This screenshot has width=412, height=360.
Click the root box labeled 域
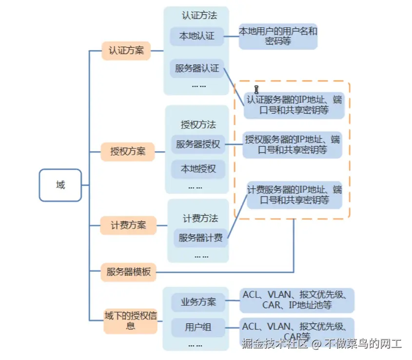pyautogui.click(x=60, y=185)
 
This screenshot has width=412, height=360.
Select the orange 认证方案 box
pyautogui.click(x=126, y=50)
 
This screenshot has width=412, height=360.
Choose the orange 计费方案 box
pyautogui.click(x=128, y=225)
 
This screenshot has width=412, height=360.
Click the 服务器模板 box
pyautogui.click(x=128, y=272)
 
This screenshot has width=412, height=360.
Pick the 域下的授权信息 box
pyautogui.click(x=130, y=320)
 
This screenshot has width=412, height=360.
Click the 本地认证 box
pyautogui.click(x=196, y=36)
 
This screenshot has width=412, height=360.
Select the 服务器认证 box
pyautogui.click(x=197, y=68)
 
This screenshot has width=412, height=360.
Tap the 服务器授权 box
pyautogui.click(x=197, y=144)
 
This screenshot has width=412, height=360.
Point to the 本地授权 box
pyautogui.click(x=198, y=169)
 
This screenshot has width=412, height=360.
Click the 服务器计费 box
pyautogui.click(x=200, y=238)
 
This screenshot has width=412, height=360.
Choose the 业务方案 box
pyautogui.click(x=198, y=302)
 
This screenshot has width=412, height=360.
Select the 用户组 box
pyautogui.click(x=198, y=327)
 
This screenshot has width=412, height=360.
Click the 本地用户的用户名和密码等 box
pyautogui.click(x=278, y=36)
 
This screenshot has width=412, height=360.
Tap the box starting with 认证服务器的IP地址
pyautogui.click(x=294, y=105)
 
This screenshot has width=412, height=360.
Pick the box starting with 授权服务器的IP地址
pyautogui.click(x=293, y=145)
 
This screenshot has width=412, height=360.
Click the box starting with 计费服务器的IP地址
pyautogui.click(x=294, y=195)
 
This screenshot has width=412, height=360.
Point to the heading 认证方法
pyautogui.click(x=199, y=16)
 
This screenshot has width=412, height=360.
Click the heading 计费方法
pyautogui.click(x=200, y=218)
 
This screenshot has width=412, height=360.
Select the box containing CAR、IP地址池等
pyautogui.click(x=296, y=300)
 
